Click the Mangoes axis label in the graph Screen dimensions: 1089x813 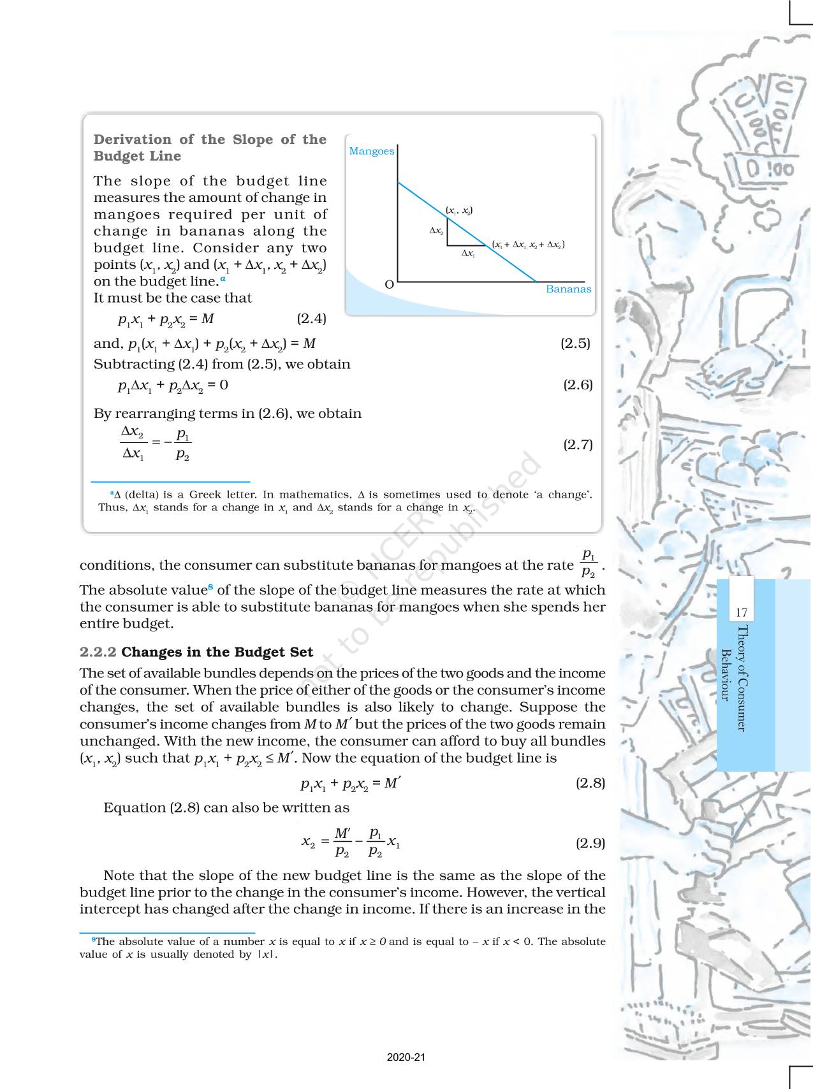tap(372, 151)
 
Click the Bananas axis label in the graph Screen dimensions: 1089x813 tap(568, 289)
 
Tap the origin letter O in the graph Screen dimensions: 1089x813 tap(389, 285)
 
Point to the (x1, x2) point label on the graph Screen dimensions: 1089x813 tap(459, 210)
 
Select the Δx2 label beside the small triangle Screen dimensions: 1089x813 tap(436, 231)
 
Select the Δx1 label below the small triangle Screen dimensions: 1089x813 tap(468, 254)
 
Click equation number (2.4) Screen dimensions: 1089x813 tap(311, 319)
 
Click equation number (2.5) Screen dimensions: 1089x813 tap(575, 343)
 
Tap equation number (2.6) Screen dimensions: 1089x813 tap(578, 385)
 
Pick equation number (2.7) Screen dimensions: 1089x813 tap(578, 445)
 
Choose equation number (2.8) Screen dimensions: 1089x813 tap(590, 783)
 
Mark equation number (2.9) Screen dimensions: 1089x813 tap(590, 843)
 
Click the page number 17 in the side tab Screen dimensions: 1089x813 tap(741, 613)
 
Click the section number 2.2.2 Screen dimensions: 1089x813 tap(98, 652)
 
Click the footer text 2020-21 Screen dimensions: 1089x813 tap(406, 1058)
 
